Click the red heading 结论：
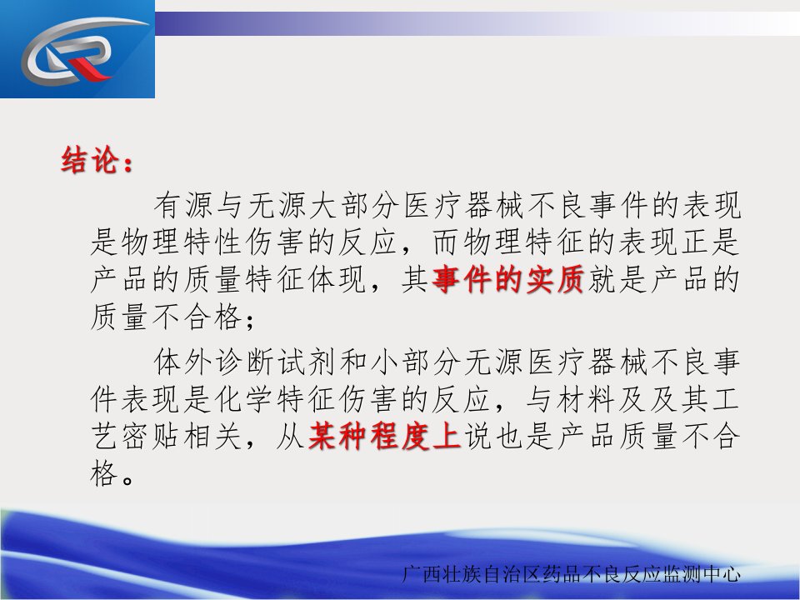(x=97, y=161)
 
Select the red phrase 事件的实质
(x=507, y=280)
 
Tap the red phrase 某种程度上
(x=385, y=436)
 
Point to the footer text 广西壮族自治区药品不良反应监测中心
(x=571, y=574)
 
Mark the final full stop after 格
(x=128, y=480)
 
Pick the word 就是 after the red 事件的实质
(x=617, y=280)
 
